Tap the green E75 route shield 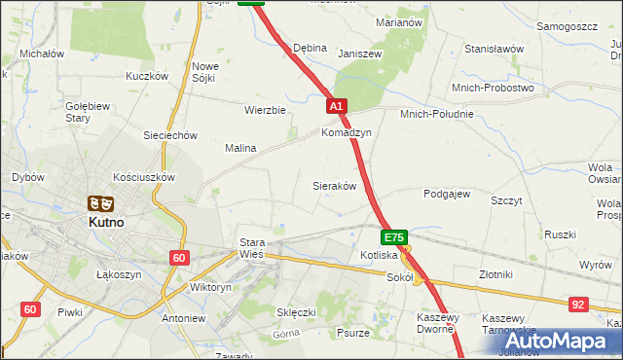[x=393, y=237]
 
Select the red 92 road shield [x=579, y=305]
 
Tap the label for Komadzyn [x=347, y=132]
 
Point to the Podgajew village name [x=447, y=194]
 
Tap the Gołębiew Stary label [x=78, y=112]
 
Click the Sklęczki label [x=297, y=312]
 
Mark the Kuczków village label [x=147, y=75]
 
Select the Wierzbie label [x=265, y=110]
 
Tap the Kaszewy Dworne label [x=443, y=324]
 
